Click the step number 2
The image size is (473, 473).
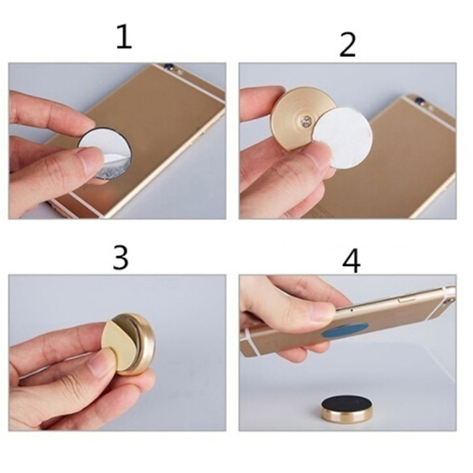[x=347, y=45]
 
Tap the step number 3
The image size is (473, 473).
[x=120, y=257]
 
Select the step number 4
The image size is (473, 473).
[x=351, y=261]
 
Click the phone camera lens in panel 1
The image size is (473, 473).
[x=166, y=66]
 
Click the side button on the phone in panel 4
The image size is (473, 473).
[x=405, y=300]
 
